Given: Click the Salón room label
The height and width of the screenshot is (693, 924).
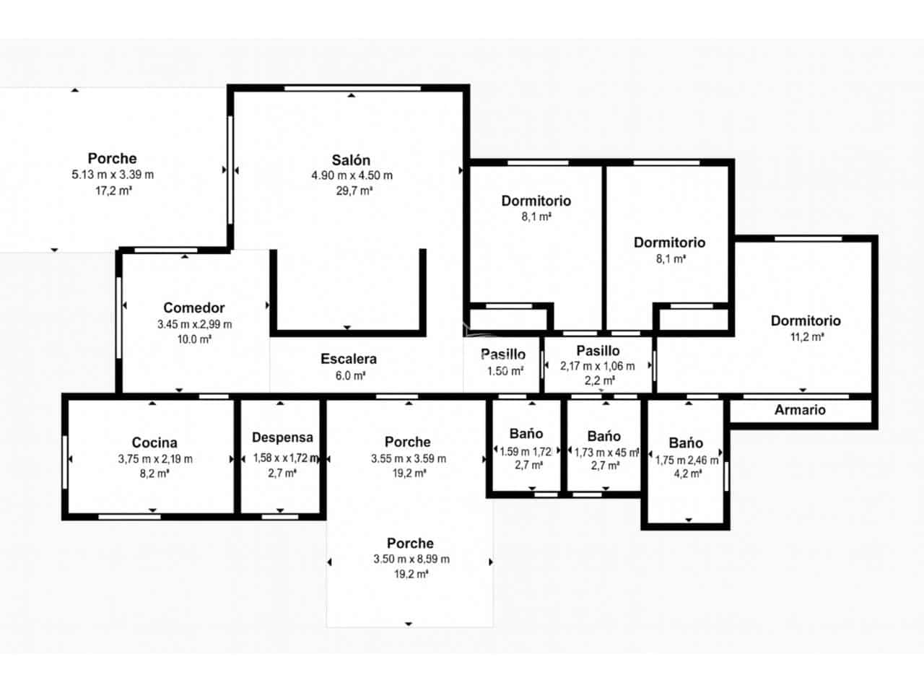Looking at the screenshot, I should tap(351, 160).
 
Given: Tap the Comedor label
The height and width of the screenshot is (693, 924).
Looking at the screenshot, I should tap(194, 308).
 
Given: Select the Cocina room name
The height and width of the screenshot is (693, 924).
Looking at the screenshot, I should tap(154, 443).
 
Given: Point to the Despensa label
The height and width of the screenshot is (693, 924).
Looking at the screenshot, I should tap(282, 437).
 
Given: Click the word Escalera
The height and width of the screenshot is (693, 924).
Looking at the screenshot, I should tap(349, 359).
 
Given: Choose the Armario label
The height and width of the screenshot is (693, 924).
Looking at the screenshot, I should tap(800, 410).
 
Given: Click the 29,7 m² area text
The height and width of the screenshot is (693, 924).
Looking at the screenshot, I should tap(354, 191).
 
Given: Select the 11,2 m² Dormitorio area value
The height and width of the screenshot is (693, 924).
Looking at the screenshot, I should tap(806, 337).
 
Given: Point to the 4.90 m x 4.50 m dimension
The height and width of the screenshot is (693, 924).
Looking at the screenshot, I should tap(352, 175).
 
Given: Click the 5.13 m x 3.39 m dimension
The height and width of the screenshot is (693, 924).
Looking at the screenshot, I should tap(113, 175).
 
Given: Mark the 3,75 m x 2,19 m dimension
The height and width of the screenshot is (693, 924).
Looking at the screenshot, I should tap(155, 459).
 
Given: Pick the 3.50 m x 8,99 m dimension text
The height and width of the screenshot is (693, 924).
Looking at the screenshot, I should tap(411, 559).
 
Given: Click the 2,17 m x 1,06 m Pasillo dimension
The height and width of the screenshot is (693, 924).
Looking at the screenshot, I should tap(598, 366).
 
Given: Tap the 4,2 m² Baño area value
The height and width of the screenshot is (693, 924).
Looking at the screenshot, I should tap(687, 474).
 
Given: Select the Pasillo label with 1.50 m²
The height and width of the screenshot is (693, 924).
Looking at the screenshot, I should tap(503, 354).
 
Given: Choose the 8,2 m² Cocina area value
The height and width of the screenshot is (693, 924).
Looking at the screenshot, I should tap(155, 474).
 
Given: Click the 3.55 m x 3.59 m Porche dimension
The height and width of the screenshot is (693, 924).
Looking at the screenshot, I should tap(409, 459).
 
